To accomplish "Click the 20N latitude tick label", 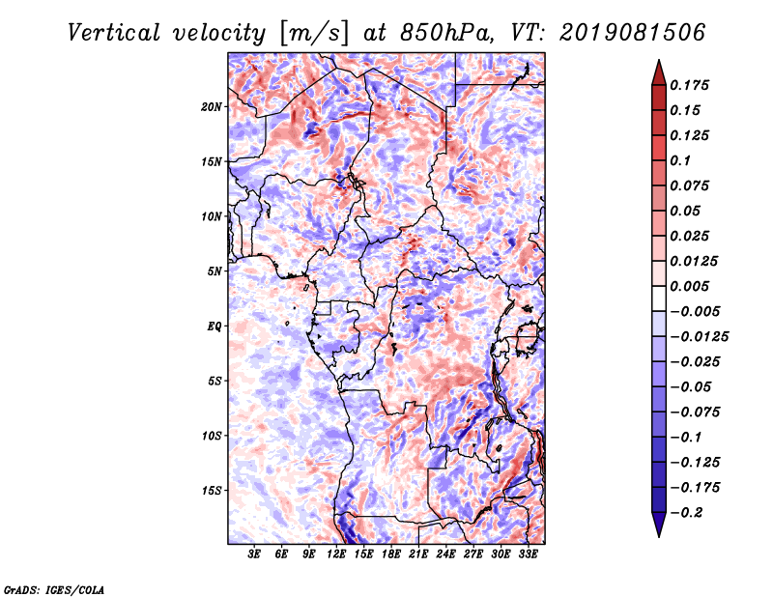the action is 212,107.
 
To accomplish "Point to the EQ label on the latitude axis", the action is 215,327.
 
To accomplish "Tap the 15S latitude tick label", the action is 212,491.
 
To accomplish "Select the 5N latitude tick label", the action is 215,271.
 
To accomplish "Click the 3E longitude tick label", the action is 254,554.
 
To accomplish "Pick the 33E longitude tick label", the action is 528,554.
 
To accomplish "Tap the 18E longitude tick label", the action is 391,554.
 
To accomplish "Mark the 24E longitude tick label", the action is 445,554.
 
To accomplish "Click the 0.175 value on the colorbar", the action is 689,85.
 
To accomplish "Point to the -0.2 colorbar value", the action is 686,513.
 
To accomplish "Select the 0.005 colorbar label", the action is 689,286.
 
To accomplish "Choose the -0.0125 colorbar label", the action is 699,337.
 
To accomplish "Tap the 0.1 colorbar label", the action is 680,160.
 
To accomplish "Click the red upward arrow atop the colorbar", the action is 659,73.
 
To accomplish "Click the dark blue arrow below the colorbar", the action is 659,525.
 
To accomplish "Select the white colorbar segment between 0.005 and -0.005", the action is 659,298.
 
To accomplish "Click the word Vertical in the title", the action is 114,33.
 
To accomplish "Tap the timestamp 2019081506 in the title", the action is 633,33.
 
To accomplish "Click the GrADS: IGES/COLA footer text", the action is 54,590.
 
